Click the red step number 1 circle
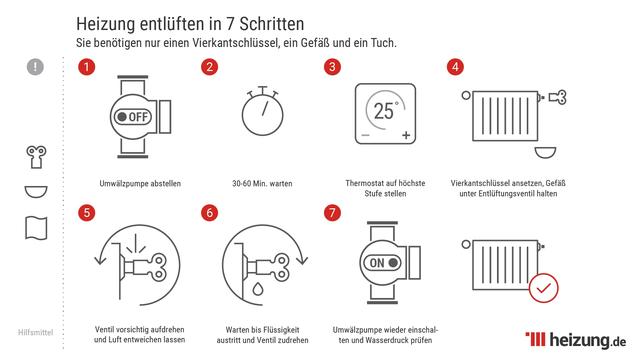click(87, 68)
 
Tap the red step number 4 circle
click(455, 68)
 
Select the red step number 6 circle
click(209, 213)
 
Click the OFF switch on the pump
click(133, 116)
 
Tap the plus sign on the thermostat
click(406, 135)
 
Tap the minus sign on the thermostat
click(364, 135)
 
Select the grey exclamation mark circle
click(37, 67)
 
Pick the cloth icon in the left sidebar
click(37, 227)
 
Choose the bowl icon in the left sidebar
click(37, 190)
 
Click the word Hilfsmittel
click(37, 330)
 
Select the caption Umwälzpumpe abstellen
click(133, 183)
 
